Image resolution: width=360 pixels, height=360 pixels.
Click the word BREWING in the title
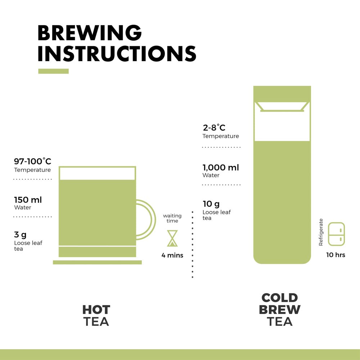click(90, 33)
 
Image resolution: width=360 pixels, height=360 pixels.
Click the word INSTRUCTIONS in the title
click(117, 54)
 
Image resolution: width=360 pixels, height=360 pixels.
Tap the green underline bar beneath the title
click(53, 71)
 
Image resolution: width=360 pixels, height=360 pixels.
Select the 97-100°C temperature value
click(32, 161)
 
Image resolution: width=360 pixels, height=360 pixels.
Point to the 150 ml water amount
click(28, 200)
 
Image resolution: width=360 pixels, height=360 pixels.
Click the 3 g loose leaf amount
click(20, 235)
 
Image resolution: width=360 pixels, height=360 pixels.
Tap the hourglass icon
click(172, 238)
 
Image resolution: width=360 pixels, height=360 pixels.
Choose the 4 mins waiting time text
click(172, 255)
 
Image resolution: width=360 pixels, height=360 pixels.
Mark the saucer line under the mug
click(97, 262)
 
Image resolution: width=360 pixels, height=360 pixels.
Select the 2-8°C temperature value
click(214, 127)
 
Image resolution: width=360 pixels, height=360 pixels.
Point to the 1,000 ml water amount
click(221, 167)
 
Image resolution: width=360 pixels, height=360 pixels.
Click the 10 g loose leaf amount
click(211, 204)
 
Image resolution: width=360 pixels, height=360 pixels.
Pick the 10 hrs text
click(336, 255)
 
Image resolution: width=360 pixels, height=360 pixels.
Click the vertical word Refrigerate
click(321, 232)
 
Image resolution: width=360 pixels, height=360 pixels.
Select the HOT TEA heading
click(96, 315)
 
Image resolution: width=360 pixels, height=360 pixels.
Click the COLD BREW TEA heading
click(280, 309)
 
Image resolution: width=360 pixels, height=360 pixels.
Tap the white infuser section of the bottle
click(282, 124)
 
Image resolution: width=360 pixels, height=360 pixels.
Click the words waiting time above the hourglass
click(172, 218)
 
